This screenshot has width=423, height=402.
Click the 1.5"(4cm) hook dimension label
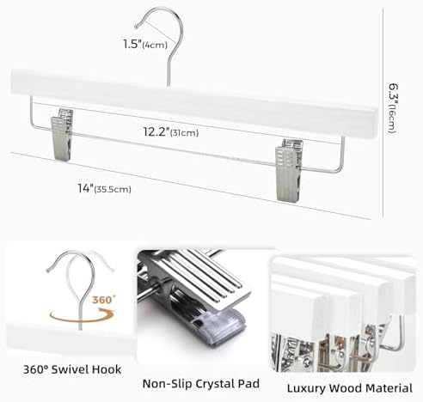pos(145,45)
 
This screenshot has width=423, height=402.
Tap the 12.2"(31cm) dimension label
pos(171,132)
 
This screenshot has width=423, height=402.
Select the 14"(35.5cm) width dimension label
pos(104,189)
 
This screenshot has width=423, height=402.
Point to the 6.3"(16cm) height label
pos(393,108)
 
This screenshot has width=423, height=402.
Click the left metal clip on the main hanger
pos(62,134)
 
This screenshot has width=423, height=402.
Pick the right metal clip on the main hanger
pos(288,170)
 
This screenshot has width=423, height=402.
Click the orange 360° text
pos(103,300)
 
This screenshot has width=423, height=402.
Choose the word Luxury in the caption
pos(306,389)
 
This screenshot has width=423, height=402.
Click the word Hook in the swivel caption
pos(109,369)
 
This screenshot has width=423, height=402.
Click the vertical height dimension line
pos(383,113)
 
